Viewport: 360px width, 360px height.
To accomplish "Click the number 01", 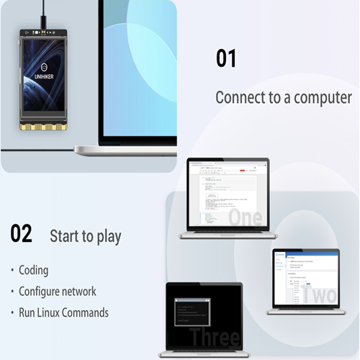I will pos(226,58).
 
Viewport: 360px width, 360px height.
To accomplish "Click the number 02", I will pos(22,233).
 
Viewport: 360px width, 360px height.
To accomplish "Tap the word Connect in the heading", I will pos(241,97).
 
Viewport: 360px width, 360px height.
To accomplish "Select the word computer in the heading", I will pos(323,97).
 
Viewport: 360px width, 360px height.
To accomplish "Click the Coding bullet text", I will pos(34,270).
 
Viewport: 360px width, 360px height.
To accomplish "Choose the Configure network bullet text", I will pos(58,292).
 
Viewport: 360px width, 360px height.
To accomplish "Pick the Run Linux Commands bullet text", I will pos(64,313).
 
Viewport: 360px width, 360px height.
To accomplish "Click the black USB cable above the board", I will pos(44,13).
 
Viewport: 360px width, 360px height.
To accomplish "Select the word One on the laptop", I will pos(245,216).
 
